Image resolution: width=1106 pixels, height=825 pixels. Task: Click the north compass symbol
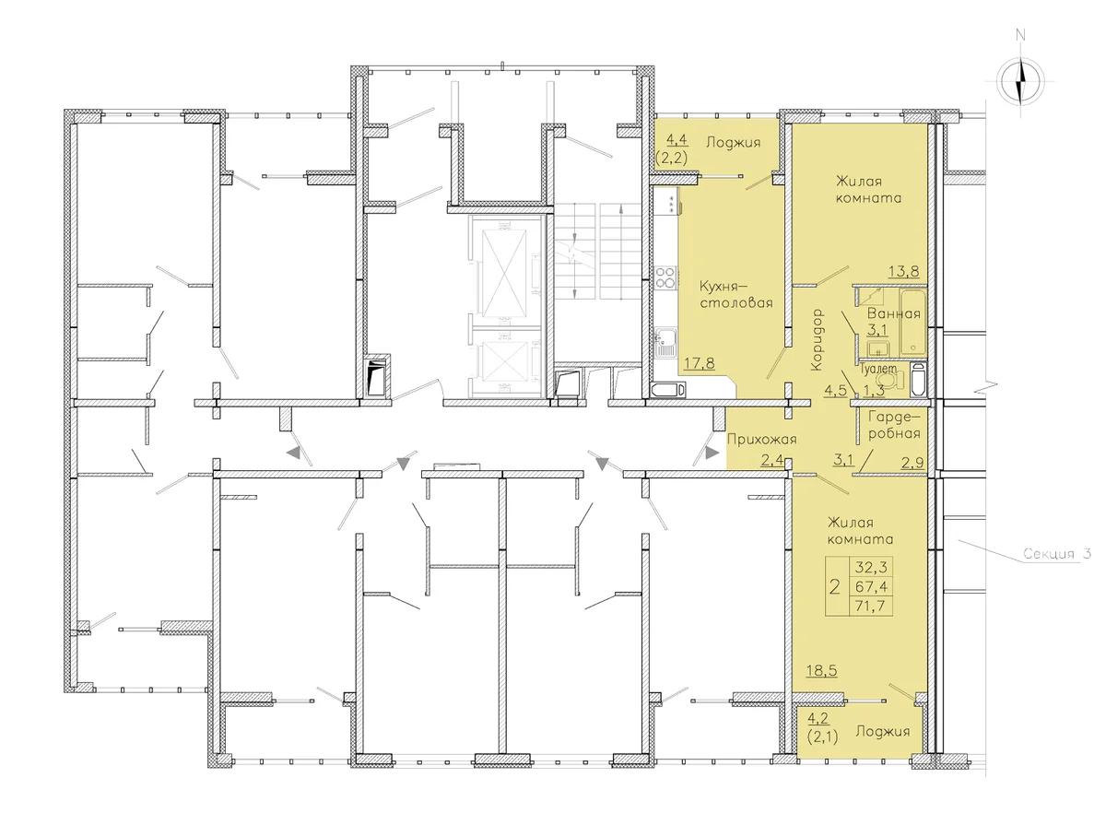click(1020, 80)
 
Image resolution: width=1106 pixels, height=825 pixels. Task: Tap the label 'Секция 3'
click(1056, 554)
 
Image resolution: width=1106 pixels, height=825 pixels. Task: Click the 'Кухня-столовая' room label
click(735, 295)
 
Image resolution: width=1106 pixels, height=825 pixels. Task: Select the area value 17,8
click(700, 362)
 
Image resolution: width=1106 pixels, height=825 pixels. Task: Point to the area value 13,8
click(903, 272)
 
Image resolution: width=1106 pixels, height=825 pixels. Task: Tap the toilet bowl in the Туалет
click(888, 380)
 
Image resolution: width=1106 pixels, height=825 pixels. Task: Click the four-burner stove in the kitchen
click(665, 277)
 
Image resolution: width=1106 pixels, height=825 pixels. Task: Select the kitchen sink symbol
click(665, 343)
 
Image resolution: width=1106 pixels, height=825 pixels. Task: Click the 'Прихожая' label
click(761, 440)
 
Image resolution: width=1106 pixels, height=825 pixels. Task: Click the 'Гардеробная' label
click(894, 425)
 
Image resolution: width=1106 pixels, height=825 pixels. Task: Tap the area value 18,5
click(821, 671)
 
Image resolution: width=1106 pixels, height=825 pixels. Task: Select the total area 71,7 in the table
click(870, 606)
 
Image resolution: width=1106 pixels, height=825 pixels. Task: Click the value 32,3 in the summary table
click(870, 567)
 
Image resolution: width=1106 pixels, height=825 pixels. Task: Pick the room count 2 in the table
click(834, 586)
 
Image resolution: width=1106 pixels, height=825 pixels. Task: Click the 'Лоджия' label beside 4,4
click(733, 143)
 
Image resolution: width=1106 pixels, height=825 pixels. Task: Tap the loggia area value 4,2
click(818, 717)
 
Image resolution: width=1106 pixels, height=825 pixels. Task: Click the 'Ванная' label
click(893, 313)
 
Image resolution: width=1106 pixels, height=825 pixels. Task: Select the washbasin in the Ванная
click(878, 348)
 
